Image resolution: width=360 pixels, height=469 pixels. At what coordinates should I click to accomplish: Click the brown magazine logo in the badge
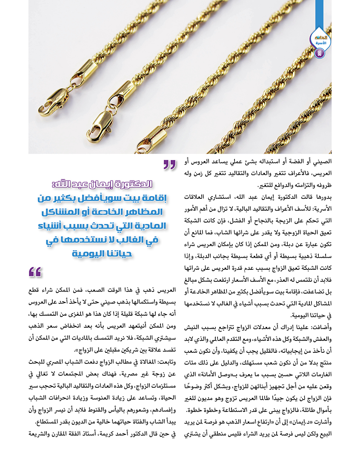tap(320, 38)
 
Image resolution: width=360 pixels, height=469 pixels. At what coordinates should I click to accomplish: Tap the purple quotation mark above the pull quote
tap(169, 165)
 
